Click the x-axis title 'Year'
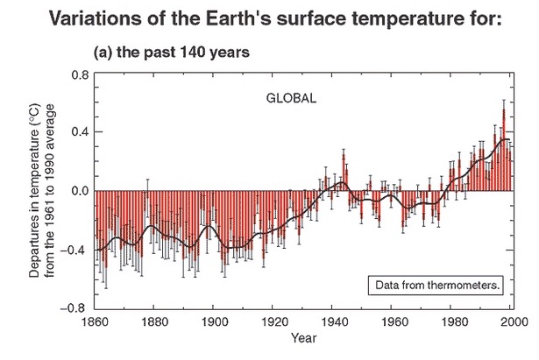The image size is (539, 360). point(304,338)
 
